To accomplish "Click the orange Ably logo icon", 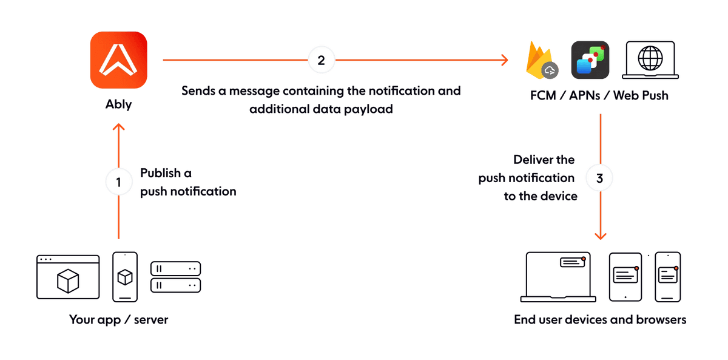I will pos(119,61).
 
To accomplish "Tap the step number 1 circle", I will pos(119,182).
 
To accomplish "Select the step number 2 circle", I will pos(322,60).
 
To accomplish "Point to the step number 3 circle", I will pos(600,179).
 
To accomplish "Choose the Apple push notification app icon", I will pos(590,61).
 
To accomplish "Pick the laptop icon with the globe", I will pos(650,61).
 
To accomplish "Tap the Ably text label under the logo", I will pos(119,104).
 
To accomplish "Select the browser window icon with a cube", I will pos(68,277).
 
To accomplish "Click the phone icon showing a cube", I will pos(125,277).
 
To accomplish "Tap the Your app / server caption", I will pos(118,319).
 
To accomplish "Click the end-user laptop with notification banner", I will pos(558,276).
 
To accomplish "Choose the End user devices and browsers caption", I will pos(600,319).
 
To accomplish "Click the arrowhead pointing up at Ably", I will pos(119,127).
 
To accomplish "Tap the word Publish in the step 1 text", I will pos(160,173).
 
